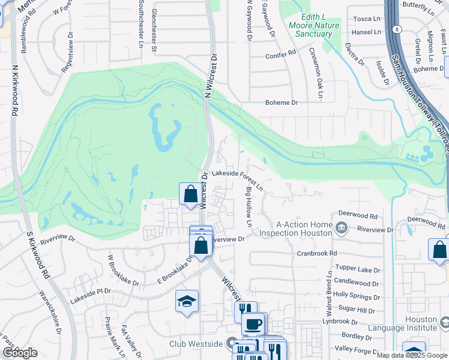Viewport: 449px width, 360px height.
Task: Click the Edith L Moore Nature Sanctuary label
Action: (314, 26)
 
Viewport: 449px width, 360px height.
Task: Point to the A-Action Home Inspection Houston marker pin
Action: (342, 227)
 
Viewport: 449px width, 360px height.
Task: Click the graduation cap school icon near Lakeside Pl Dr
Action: (187, 302)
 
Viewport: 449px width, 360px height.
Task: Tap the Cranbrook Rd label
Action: (317, 254)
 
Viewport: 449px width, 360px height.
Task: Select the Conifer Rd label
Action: (281, 54)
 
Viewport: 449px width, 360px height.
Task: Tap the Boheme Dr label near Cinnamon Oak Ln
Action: (282, 103)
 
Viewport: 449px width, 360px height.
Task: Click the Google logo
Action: (20, 353)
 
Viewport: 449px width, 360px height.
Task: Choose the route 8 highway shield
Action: (398, 29)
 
